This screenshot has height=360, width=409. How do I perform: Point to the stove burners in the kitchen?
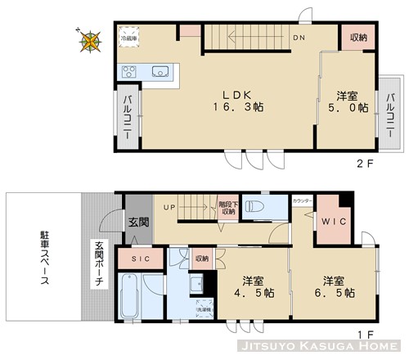130,72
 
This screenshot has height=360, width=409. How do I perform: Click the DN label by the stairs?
299,38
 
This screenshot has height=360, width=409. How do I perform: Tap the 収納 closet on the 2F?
357,38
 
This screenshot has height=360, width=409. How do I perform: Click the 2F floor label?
365,162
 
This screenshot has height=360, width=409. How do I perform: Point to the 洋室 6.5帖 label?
336,284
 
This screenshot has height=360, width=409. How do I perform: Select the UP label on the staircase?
170,206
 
